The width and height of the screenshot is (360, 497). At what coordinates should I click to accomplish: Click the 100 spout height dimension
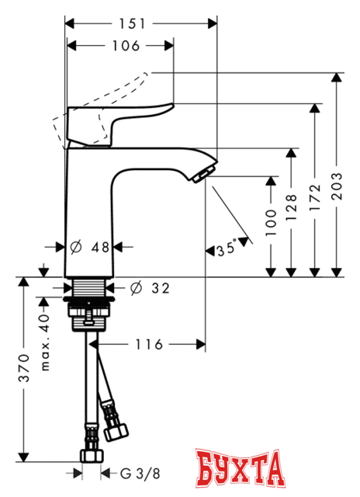[270, 224]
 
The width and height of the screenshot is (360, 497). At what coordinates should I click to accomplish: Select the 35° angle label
[228, 250]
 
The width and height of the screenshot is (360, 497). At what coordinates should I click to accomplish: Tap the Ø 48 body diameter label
[88, 248]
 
